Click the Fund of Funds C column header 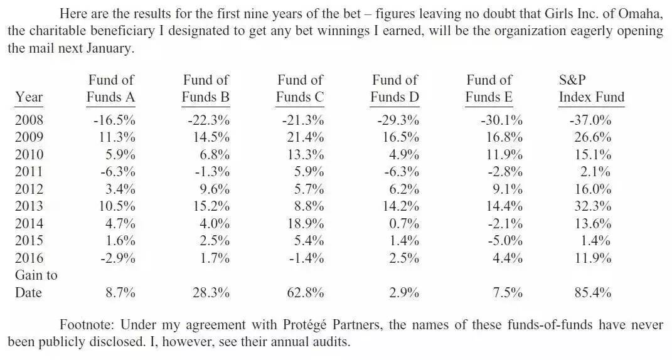(300, 88)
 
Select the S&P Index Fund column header (592, 88)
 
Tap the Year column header (29, 97)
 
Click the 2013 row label (29, 206)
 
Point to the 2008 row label (29, 120)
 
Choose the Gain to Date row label (36, 283)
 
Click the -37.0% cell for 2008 (590, 120)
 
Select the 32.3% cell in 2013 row (593, 206)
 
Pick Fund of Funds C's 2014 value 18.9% (306, 223)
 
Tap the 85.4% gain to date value (593, 293)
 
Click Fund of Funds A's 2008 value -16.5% (114, 120)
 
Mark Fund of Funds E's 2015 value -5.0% (505, 240)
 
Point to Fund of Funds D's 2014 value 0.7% (403, 223)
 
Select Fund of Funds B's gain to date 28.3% (211, 293)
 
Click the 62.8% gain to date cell (306, 293)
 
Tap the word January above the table (110, 48)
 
